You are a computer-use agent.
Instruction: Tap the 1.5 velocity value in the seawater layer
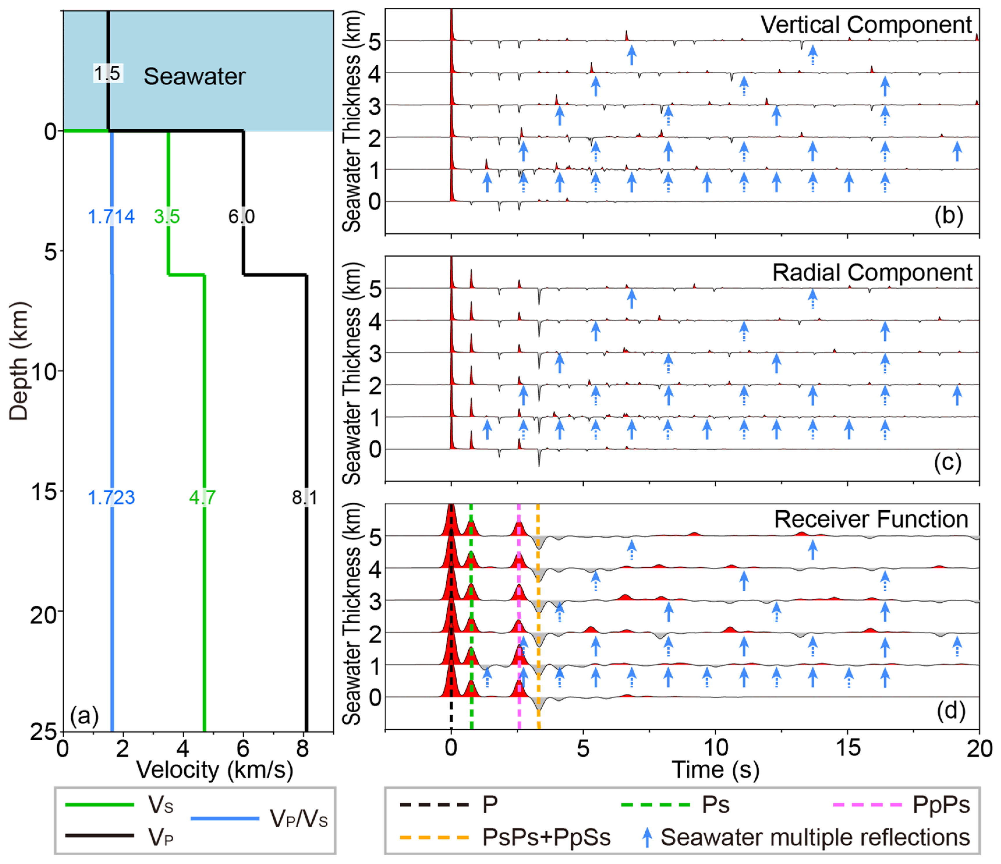(107, 73)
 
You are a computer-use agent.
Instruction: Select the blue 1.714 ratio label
(111, 217)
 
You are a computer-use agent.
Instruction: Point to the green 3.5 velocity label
(167, 217)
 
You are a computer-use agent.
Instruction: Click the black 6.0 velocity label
(242, 217)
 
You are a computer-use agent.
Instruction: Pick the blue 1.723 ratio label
(111, 497)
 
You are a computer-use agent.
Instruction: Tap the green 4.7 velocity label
(202, 497)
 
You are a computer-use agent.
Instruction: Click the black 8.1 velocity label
(304, 497)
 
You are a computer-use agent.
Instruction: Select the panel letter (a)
(84, 716)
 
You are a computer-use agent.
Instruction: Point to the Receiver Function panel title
(871, 519)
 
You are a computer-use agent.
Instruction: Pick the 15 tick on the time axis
(848, 748)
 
